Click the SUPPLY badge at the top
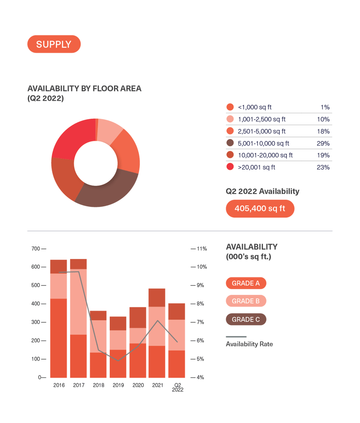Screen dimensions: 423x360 53,44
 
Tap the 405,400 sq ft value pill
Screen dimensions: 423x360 260,209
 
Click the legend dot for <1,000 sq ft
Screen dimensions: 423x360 230,107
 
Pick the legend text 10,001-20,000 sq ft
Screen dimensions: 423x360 265,155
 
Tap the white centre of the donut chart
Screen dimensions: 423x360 95,163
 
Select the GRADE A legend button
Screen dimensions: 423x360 246,283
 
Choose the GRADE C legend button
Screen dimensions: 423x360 246,319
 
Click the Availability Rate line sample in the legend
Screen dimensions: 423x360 236,336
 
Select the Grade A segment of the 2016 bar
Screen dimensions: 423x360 58,338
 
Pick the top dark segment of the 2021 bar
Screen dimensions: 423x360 157,297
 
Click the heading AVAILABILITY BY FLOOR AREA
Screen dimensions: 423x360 84,89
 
